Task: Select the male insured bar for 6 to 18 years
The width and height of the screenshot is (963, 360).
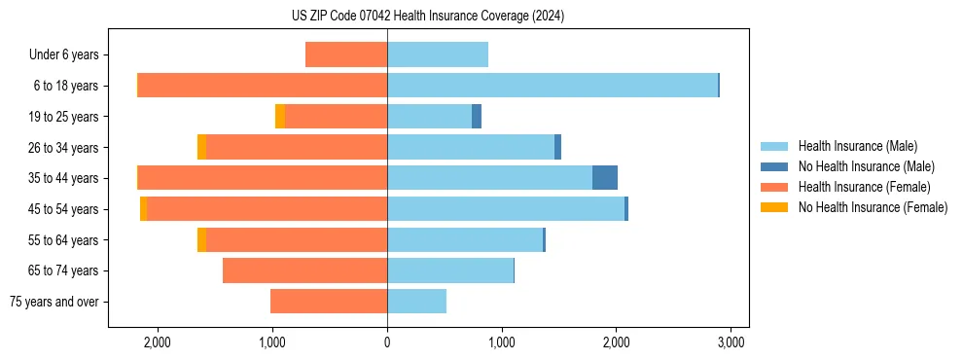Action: point(552,85)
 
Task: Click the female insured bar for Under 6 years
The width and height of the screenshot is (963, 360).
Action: point(346,54)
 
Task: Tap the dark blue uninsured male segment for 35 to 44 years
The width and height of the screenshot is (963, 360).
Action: point(604,178)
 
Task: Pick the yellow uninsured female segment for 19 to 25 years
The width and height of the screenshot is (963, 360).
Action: point(280,117)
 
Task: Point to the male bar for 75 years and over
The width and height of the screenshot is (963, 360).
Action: point(416,302)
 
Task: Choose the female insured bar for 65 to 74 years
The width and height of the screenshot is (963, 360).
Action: point(304,270)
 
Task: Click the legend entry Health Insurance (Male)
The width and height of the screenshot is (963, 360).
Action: point(857,146)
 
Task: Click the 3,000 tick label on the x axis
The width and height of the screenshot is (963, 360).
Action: point(731,342)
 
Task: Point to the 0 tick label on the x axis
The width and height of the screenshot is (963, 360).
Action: point(387,342)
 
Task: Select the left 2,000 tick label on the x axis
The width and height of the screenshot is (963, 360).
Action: point(158,342)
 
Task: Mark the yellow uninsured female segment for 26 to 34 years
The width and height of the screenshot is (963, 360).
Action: point(201,147)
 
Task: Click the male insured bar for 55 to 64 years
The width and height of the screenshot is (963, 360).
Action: point(464,239)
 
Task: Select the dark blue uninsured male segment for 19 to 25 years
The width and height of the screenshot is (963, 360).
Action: point(477,117)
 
